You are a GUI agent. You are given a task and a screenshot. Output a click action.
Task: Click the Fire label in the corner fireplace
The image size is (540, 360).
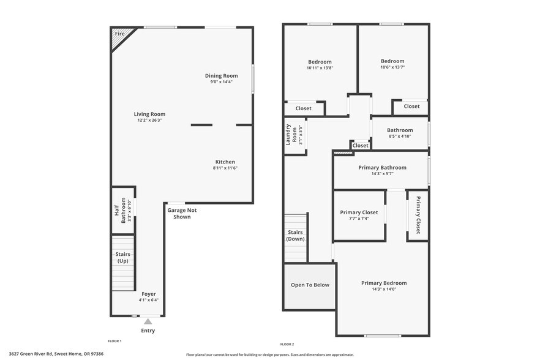[119, 34]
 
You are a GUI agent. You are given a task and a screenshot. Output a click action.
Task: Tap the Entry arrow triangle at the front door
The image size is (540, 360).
[148, 321]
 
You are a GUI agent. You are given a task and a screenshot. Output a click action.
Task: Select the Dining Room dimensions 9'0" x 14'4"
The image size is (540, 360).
[222, 82]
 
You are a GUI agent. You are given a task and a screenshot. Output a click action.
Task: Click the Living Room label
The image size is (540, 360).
[149, 114]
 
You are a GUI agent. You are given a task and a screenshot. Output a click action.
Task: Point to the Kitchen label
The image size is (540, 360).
[225, 162]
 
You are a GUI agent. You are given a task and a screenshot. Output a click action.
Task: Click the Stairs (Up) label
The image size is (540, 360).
[123, 258]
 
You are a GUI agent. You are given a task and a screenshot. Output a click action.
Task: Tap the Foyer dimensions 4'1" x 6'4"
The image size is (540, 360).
[149, 300]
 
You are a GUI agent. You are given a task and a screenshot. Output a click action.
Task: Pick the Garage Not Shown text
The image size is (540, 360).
[182, 213]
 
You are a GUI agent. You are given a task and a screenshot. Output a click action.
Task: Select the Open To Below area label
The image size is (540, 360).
[310, 285]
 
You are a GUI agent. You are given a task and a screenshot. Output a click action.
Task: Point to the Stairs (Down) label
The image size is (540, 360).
[295, 236]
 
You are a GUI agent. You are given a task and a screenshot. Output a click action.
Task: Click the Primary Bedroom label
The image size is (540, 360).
[384, 283]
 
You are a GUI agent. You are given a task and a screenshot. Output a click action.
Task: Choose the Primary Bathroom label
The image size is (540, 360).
[382, 167]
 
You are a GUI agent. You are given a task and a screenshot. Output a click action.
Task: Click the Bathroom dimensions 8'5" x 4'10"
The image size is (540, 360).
[400, 137]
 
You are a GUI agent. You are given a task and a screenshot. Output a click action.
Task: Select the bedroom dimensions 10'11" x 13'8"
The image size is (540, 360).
[320, 68]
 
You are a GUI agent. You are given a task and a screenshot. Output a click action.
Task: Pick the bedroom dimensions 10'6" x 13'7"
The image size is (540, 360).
[392, 67]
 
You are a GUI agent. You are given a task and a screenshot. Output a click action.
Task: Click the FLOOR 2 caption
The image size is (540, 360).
[287, 344]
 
